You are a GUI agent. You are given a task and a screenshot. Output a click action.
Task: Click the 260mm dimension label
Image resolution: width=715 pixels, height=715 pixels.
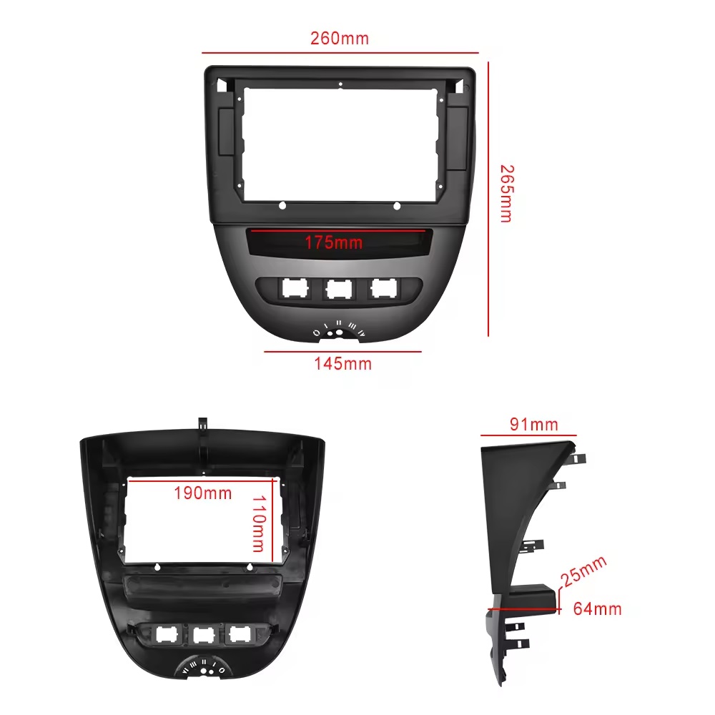pyautogui.click(x=339, y=39)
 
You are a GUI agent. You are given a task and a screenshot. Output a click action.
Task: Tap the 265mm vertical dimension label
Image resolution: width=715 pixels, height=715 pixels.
pyautogui.click(x=507, y=193)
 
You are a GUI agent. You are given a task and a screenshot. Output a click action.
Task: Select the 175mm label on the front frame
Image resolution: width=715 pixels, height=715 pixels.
pyautogui.click(x=334, y=242)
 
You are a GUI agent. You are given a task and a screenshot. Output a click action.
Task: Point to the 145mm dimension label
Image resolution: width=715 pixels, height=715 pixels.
pyautogui.click(x=343, y=364)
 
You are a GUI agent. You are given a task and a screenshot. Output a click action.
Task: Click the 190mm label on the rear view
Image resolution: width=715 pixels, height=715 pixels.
pyautogui.click(x=203, y=493)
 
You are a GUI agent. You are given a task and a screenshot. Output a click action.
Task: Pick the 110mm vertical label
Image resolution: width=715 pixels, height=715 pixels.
pyautogui.click(x=259, y=523)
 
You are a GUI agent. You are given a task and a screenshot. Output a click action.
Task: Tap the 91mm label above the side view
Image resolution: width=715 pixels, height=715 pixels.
pyautogui.click(x=534, y=425)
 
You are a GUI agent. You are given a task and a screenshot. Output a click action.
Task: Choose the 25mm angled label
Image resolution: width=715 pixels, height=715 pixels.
pyautogui.click(x=583, y=571)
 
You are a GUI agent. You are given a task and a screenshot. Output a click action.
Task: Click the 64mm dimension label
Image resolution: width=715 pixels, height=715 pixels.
pyautogui.click(x=597, y=608)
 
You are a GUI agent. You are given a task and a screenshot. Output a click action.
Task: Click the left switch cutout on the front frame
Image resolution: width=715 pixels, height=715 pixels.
pyautogui.click(x=295, y=288)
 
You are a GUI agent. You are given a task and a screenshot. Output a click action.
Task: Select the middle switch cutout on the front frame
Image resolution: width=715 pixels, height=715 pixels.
pyautogui.click(x=340, y=289)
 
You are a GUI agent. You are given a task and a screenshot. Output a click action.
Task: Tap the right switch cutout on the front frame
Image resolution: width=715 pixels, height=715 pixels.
pyautogui.click(x=383, y=288)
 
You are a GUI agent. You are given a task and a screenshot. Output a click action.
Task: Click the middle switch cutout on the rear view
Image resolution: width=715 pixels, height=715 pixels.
pyautogui.click(x=204, y=635)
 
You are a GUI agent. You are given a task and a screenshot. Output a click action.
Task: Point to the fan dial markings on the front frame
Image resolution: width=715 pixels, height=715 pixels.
pyautogui.click(x=339, y=329)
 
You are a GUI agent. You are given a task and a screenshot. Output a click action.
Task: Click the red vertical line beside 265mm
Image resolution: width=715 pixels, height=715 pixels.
pyautogui.click(x=488, y=199)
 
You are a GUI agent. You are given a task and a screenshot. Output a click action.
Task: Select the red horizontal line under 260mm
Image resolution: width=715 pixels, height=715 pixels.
pyautogui.click(x=340, y=53)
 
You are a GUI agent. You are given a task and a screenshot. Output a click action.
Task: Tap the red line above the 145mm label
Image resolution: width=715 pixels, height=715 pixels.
pyautogui.click(x=342, y=352)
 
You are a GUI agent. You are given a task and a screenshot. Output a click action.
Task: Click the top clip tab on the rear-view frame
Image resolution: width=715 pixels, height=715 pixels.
pyautogui.click(x=203, y=423)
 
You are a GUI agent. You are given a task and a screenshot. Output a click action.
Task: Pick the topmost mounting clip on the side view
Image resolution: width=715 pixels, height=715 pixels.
pyautogui.click(x=578, y=458)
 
